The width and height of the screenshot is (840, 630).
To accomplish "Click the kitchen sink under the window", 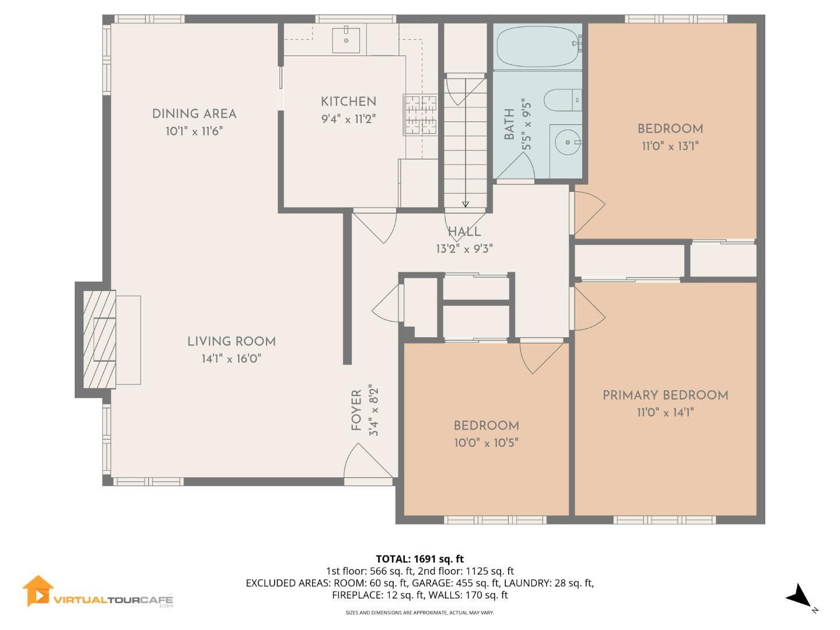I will click(x=346, y=40).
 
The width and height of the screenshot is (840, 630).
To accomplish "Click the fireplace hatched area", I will click(x=99, y=340).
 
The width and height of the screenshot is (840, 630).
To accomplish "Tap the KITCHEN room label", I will click(x=348, y=101).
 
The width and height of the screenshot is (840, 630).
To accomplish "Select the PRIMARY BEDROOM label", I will click(x=665, y=395).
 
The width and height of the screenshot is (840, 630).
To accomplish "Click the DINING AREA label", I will click(x=194, y=114).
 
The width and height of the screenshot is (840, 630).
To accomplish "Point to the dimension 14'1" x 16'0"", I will click(x=231, y=359).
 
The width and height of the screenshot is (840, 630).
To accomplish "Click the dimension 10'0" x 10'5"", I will click(x=486, y=443).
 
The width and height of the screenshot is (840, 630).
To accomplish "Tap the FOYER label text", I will click(x=356, y=411).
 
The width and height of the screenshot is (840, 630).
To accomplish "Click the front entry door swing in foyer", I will click(x=362, y=464).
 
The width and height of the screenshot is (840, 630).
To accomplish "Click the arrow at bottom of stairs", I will click(x=465, y=204).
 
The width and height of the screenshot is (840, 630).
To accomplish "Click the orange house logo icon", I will click(x=38, y=591).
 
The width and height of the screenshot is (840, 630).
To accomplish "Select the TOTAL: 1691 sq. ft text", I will click(x=419, y=559).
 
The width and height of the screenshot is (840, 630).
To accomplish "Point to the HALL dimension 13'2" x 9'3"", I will click(x=464, y=249).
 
